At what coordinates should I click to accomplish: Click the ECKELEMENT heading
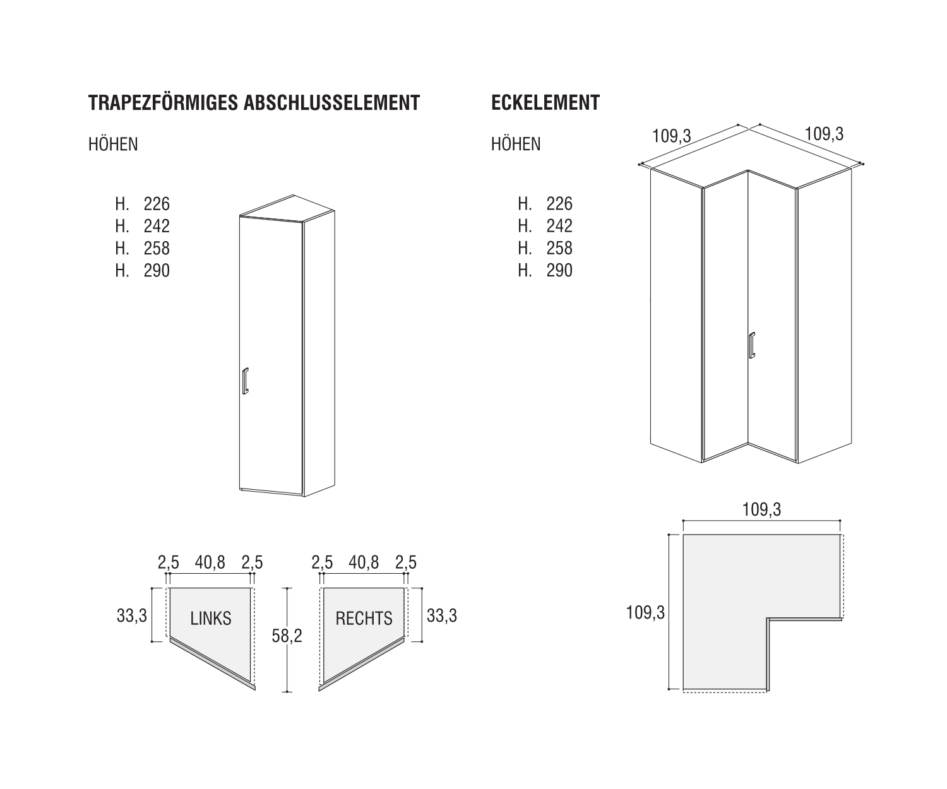[x=545, y=102]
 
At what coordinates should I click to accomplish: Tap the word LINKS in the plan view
[x=210, y=619]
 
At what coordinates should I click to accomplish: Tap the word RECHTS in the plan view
[x=364, y=619]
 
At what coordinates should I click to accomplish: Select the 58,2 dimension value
[x=287, y=636]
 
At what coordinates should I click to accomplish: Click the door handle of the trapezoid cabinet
[x=245, y=381]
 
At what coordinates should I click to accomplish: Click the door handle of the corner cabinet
[x=752, y=345]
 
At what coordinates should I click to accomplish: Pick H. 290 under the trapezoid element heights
[x=143, y=271]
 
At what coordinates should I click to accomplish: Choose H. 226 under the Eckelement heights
[x=545, y=204]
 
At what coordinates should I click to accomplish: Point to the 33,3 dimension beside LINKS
[x=131, y=616]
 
